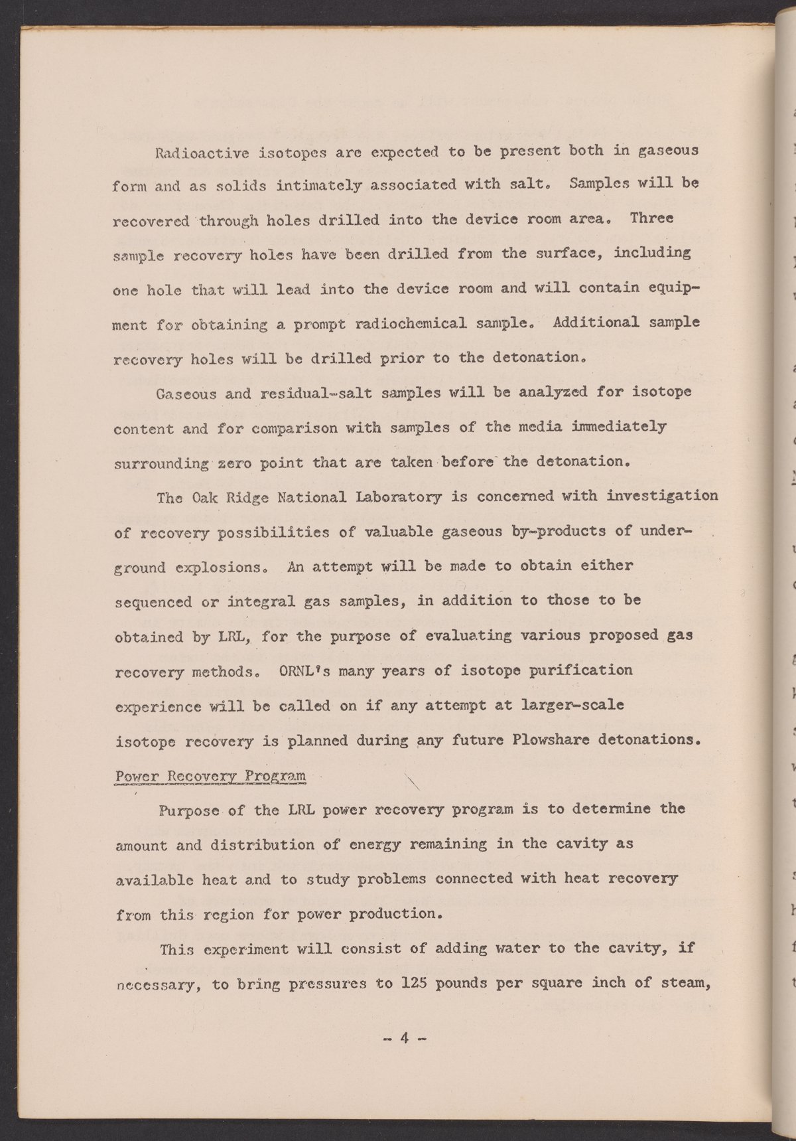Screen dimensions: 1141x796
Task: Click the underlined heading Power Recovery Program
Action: point(210,776)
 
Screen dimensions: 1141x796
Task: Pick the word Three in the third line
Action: point(651,218)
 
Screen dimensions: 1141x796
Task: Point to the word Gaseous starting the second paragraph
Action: point(186,394)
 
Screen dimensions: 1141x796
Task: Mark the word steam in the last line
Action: point(683,983)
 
